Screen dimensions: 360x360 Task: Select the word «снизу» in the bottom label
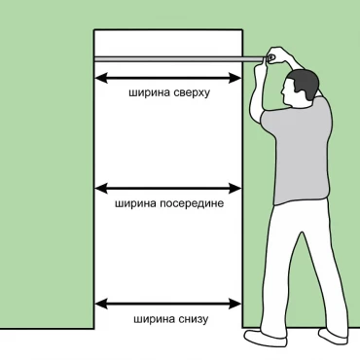pos(193,319)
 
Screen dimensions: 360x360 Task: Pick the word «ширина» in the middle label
pos(136,203)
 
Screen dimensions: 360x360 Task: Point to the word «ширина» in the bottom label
pos(155,319)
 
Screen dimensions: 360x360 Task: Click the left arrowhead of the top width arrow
pos(101,78)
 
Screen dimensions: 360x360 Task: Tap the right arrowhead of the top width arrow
pos(234,78)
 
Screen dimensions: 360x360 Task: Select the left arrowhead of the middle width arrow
pos(101,189)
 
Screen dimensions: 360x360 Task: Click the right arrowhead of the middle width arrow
pos(234,189)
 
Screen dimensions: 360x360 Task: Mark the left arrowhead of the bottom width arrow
pos(101,304)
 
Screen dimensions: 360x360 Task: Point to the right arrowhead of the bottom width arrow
pos(234,304)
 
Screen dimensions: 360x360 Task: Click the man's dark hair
pos(305,83)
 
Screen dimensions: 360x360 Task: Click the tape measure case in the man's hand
pos(270,57)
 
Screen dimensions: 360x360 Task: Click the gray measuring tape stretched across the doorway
pos(179,58)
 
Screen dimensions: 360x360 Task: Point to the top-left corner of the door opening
pos(94,30)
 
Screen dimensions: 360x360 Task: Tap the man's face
pos(288,92)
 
